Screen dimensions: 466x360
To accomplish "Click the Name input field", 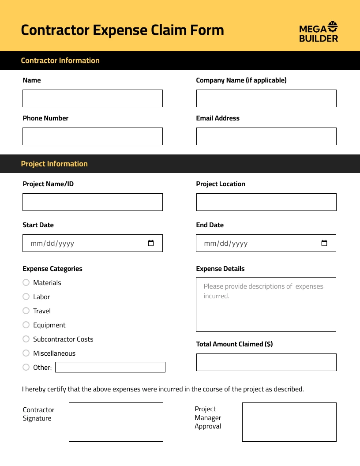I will pos(93,98).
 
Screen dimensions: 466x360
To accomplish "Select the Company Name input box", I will pos(266,98).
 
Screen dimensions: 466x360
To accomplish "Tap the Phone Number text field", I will pos(93,136).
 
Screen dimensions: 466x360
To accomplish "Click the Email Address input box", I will pos(266,136).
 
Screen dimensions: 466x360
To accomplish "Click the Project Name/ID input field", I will pos(93,202).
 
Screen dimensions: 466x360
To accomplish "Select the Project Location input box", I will pos(266,202).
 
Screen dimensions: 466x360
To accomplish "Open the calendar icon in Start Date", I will pos(151,243).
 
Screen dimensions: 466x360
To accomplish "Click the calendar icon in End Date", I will pos(324,243).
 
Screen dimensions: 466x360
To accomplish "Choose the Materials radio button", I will pos(26,282).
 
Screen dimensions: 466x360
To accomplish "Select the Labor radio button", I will pos(26,297).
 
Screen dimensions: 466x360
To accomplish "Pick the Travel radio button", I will pos(26,311).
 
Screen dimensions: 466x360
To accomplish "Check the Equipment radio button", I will pos(26,325).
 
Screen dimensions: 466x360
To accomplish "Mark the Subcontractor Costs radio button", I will pos(26,339).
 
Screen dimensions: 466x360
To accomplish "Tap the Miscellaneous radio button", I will pos(26,353).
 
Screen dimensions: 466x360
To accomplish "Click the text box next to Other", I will pos(110,367).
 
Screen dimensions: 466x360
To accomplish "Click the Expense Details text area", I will pos(266,304).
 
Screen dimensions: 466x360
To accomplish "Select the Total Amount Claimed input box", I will pos(266,362).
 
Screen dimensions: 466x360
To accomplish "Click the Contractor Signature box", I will pos(116,422).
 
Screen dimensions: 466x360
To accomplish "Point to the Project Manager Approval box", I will pos(289,422).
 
